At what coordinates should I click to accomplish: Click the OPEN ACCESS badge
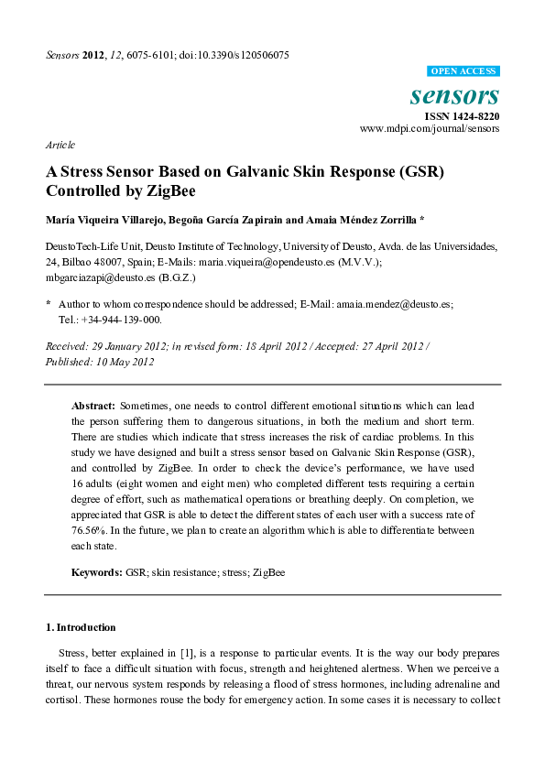coord(464,71)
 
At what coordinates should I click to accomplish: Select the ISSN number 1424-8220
coord(478,116)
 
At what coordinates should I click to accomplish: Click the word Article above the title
coord(60,145)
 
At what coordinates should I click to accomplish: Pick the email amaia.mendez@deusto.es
coord(395,303)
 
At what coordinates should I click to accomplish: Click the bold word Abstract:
coord(93,405)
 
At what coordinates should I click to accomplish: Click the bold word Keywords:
coord(97,572)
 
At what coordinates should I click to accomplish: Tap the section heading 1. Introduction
coord(81,627)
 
